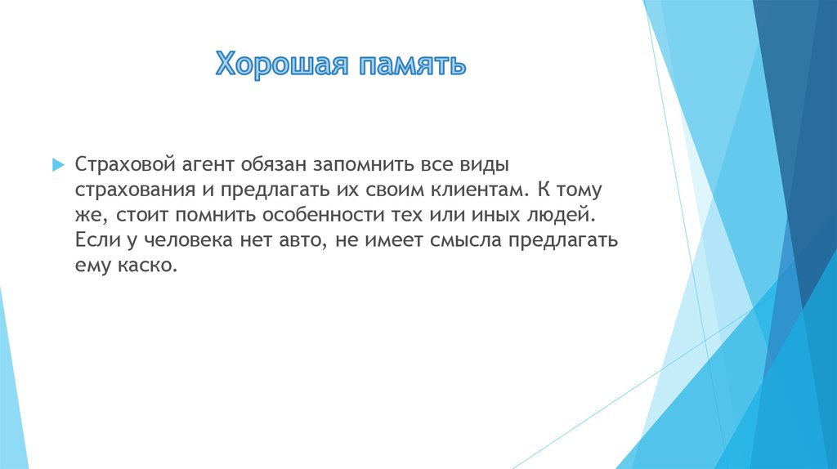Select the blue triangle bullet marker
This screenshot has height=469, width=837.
coord(57,164)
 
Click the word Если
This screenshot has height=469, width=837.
coord(92,241)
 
